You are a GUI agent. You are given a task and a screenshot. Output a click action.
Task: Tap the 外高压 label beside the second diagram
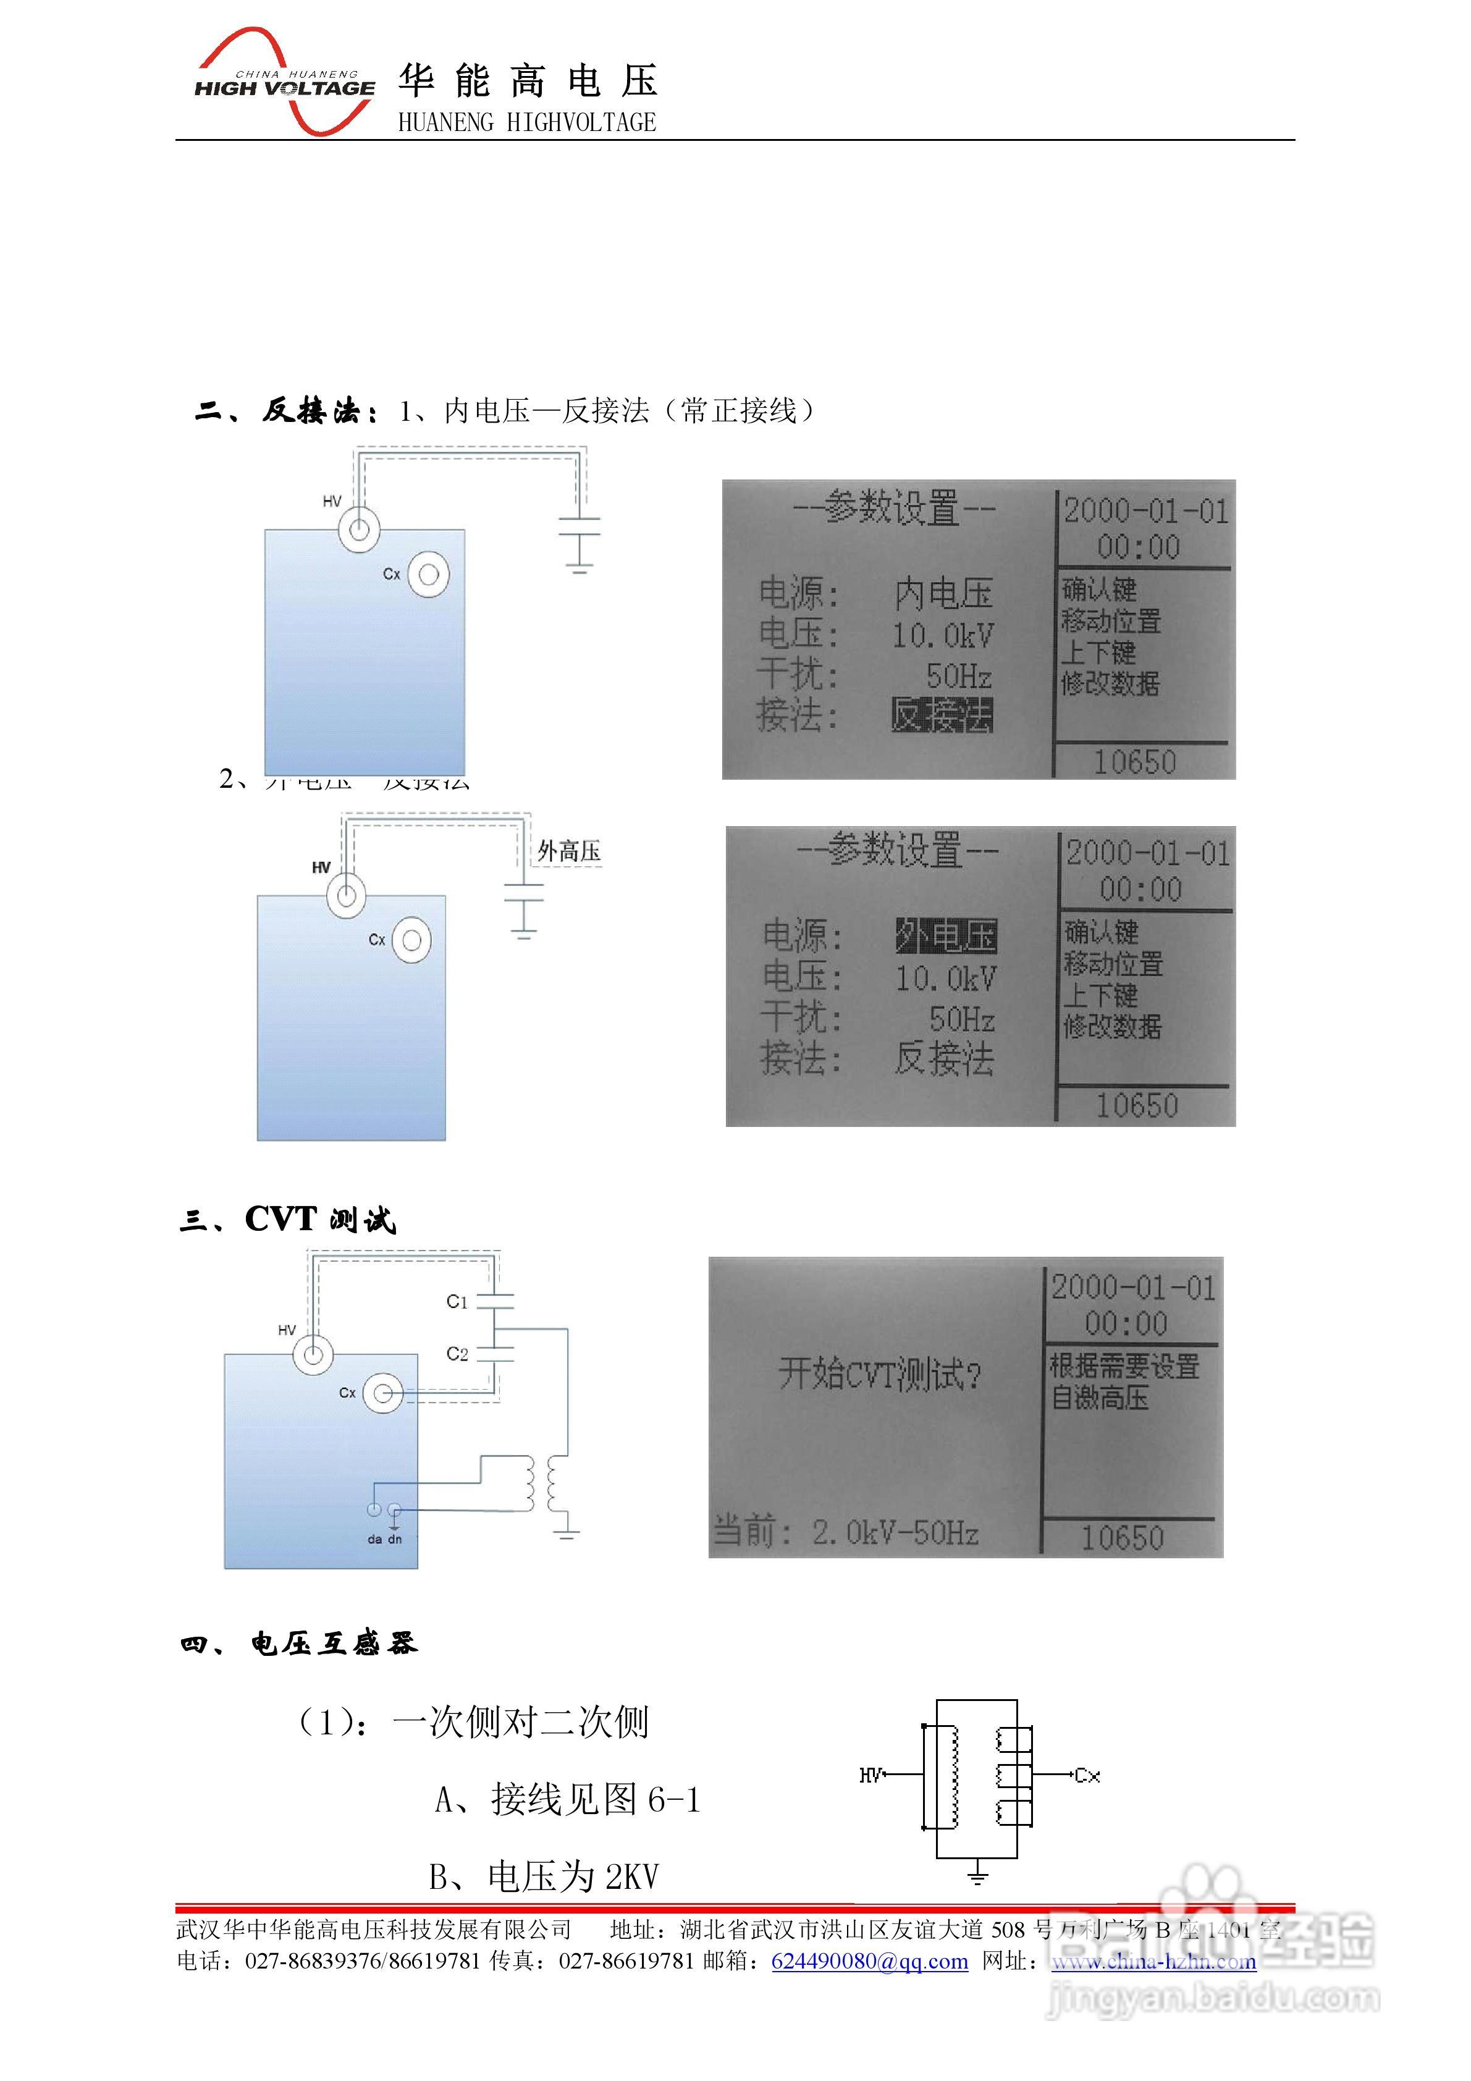click(x=568, y=851)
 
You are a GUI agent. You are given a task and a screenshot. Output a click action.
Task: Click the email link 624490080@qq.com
click(x=869, y=1961)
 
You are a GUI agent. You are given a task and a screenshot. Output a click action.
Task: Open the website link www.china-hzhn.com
click(x=1153, y=1961)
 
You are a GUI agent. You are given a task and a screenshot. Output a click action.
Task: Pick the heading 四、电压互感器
click(x=298, y=1643)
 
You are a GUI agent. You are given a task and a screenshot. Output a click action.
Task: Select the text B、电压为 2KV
click(x=544, y=1876)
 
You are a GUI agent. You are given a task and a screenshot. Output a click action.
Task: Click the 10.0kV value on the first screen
click(x=943, y=635)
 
